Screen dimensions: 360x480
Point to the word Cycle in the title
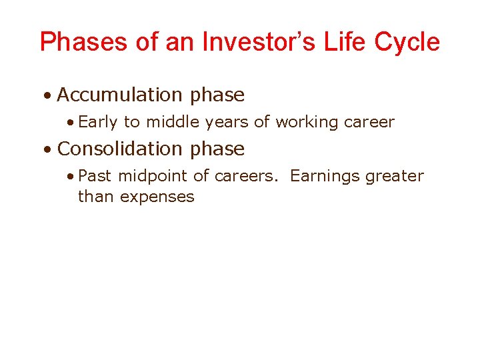[407, 43]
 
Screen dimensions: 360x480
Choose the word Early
[97, 123]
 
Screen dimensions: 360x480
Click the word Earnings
[325, 176]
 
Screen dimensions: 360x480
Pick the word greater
[394, 176]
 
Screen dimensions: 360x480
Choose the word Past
[95, 176]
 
